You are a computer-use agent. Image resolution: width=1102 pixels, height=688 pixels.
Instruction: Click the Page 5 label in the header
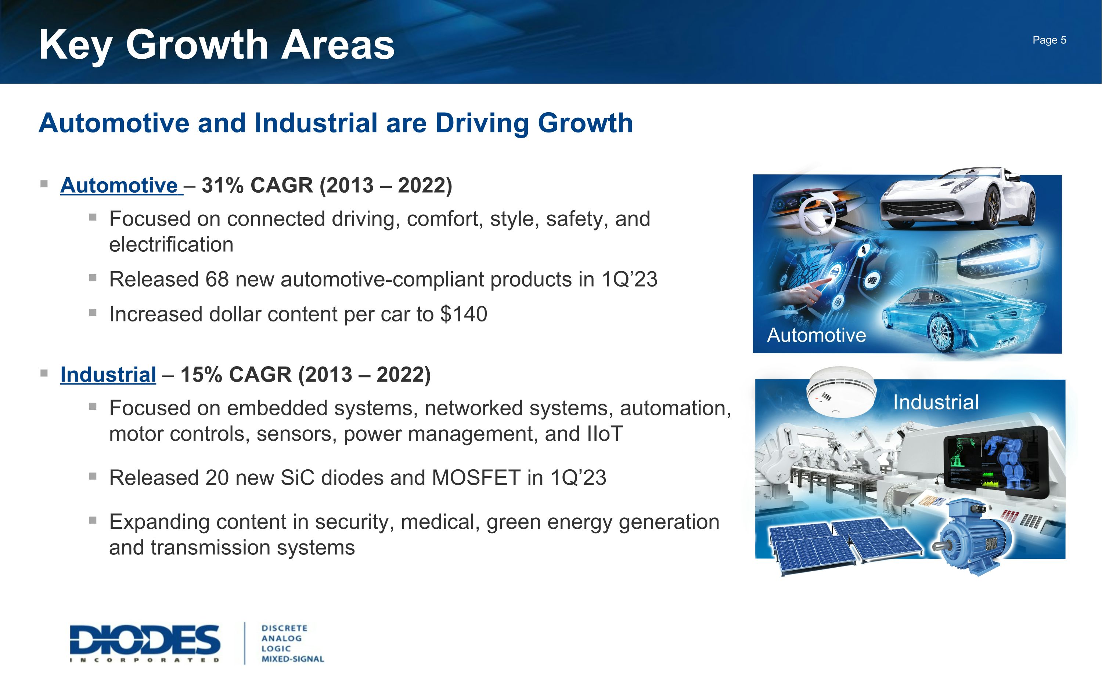(x=1049, y=40)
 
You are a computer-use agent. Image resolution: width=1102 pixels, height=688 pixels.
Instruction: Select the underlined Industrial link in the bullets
(x=108, y=375)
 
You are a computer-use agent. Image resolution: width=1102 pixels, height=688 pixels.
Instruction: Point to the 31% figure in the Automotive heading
(x=223, y=186)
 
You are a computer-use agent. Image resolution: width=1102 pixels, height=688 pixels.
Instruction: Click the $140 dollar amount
(x=464, y=314)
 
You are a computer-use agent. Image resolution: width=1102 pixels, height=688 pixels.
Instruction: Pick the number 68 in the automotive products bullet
(x=217, y=279)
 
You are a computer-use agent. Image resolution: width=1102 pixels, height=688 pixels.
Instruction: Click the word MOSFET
(x=476, y=478)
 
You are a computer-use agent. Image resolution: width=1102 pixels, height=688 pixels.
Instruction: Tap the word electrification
(x=171, y=245)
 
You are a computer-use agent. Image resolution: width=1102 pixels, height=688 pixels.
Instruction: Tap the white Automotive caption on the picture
(x=816, y=335)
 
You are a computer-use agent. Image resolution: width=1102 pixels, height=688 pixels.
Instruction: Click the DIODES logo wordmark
(x=145, y=640)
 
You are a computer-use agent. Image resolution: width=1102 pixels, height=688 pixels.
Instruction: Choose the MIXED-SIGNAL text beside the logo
(x=292, y=659)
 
